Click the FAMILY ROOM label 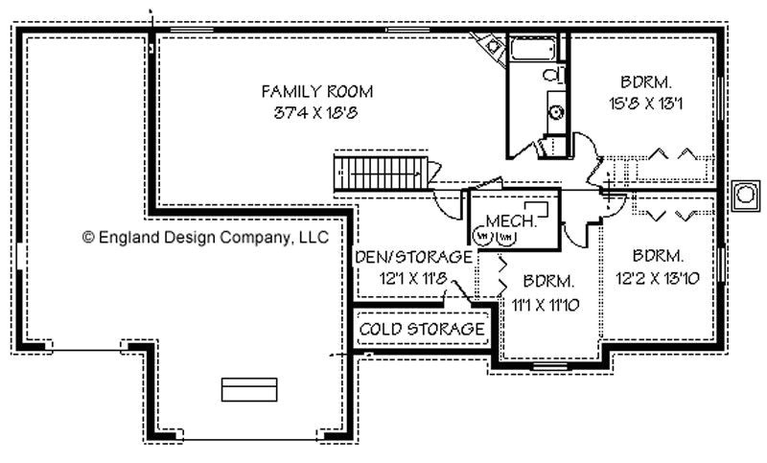316,91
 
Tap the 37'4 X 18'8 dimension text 316,111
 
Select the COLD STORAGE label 422,329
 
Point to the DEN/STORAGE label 413,257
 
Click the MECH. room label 503,220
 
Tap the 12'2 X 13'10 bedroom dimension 658,278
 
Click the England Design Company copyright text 206,236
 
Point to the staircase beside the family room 382,174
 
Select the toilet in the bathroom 552,74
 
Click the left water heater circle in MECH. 483,235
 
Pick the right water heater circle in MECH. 504,235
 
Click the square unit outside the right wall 744,195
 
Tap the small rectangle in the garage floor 249,388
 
